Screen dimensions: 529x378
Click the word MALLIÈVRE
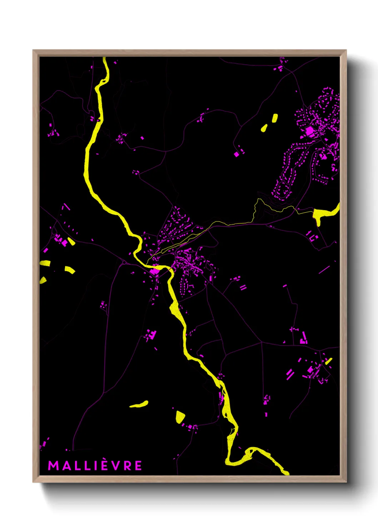click(95, 466)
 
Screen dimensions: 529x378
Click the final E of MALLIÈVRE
click(138, 466)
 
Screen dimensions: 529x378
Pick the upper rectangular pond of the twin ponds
click(275, 118)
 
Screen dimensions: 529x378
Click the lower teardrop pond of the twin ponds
click(264, 128)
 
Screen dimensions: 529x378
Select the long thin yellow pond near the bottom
click(139, 404)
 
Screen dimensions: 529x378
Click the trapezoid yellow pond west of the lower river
click(180, 417)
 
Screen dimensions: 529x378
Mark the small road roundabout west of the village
click(124, 263)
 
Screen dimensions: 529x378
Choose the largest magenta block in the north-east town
click(309, 132)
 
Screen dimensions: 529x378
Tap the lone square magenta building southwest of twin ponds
click(236, 154)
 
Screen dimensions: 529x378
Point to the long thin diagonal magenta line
click(324, 269)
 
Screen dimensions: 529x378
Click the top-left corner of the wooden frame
click(34, 51)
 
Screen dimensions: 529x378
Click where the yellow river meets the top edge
click(104, 58)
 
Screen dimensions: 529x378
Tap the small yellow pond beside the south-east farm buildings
click(328, 361)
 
